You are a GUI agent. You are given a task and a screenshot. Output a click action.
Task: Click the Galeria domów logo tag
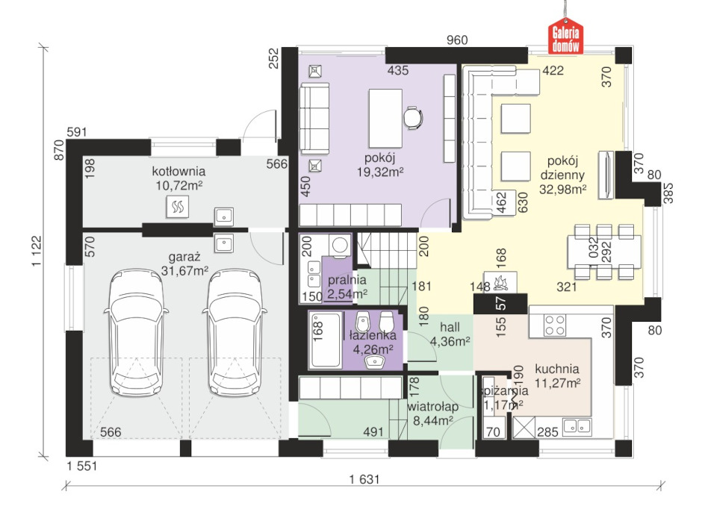click(x=565, y=37)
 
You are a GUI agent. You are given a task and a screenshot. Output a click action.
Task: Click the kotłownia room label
click(x=178, y=171)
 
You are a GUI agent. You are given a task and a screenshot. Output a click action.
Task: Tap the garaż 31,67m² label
click(x=184, y=263)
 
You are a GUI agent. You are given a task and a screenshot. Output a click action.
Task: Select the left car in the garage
click(x=136, y=332)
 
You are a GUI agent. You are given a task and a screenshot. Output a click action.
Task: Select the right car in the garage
click(x=235, y=332)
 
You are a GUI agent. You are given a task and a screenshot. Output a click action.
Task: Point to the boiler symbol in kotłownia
click(x=178, y=207)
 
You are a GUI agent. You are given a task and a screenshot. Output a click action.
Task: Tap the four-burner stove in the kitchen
click(x=555, y=325)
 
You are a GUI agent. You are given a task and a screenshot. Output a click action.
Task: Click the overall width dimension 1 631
click(x=364, y=479)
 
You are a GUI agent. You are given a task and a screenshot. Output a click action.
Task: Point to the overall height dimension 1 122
click(x=37, y=251)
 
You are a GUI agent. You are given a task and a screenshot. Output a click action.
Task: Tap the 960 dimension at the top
click(x=457, y=40)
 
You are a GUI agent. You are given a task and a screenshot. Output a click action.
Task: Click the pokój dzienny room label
click(x=562, y=175)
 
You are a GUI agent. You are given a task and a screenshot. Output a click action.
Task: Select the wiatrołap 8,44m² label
click(x=432, y=414)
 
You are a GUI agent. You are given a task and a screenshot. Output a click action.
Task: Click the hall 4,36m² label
click(x=450, y=334)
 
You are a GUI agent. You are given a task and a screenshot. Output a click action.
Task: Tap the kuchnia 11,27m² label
click(x=557, y=375)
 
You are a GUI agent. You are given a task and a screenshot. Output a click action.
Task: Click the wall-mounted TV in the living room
click(x=606, y=175)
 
